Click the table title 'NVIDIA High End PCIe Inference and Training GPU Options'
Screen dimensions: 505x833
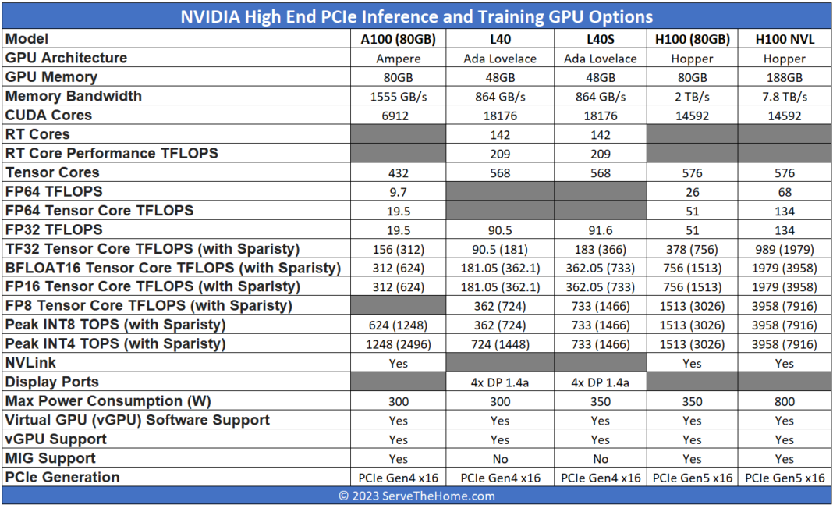point(416,16)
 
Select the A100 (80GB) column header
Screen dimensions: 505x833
point(398,39)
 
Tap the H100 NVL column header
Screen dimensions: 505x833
point(785,39)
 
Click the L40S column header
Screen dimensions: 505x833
point(600,39)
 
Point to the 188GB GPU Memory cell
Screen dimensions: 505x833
point(785,77)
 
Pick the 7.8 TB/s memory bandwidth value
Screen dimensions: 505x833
point(785,97)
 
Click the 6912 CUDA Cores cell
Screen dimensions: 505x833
point(398,116)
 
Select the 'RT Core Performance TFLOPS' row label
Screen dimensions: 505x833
point(112,153)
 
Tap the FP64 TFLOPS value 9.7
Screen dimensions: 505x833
point(398,192)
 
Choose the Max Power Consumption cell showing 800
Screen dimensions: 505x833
point(785,401)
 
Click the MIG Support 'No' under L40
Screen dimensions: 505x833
point(499,459)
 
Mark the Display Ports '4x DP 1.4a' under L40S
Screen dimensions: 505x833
point(600,382)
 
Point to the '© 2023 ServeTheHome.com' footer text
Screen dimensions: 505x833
point(416,496)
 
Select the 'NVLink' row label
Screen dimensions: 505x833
point(31,363)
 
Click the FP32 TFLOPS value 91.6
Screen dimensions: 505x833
point(600,230)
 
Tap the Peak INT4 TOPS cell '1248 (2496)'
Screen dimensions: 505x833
point(398,344)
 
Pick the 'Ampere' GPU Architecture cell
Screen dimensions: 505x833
point(398,59)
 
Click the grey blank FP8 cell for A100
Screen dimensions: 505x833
point(398,306)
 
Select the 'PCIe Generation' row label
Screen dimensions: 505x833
point(62,477)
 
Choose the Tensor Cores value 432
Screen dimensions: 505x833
point(398,173)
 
